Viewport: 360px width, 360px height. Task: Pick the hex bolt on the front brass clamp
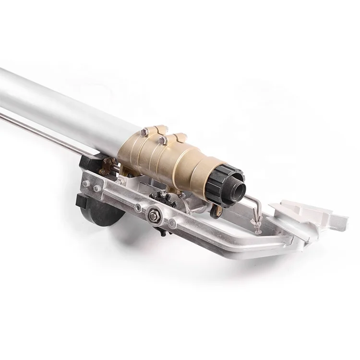click(x=164, y=140)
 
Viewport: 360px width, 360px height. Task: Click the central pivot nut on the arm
click(x=154, y=216)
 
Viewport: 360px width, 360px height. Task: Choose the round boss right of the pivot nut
click(x=172, y=223)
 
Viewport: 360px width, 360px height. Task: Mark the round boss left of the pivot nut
click(x=138, y=208)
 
